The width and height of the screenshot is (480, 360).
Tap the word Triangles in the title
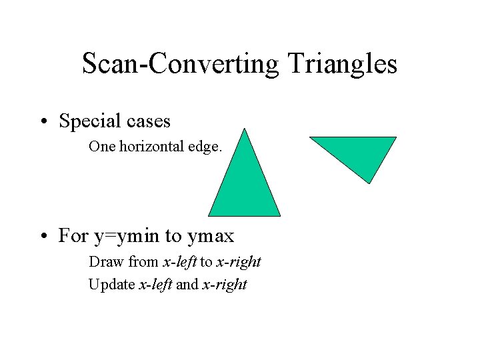[x=343, y=64]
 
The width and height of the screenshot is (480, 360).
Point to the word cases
[x=147, y=121]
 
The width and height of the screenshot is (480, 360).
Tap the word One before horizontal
[x=102, y=147]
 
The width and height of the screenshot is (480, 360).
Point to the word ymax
[x=211, y=236]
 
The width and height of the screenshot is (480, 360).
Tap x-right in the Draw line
[x=239, y=262]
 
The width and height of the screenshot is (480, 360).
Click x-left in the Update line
[x=155, y=285]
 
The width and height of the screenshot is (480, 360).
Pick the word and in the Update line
[x=187, y=285]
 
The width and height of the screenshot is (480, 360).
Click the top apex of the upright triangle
[x=245, y=129]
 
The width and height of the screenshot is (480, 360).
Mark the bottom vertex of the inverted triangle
[x=369, y=183]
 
